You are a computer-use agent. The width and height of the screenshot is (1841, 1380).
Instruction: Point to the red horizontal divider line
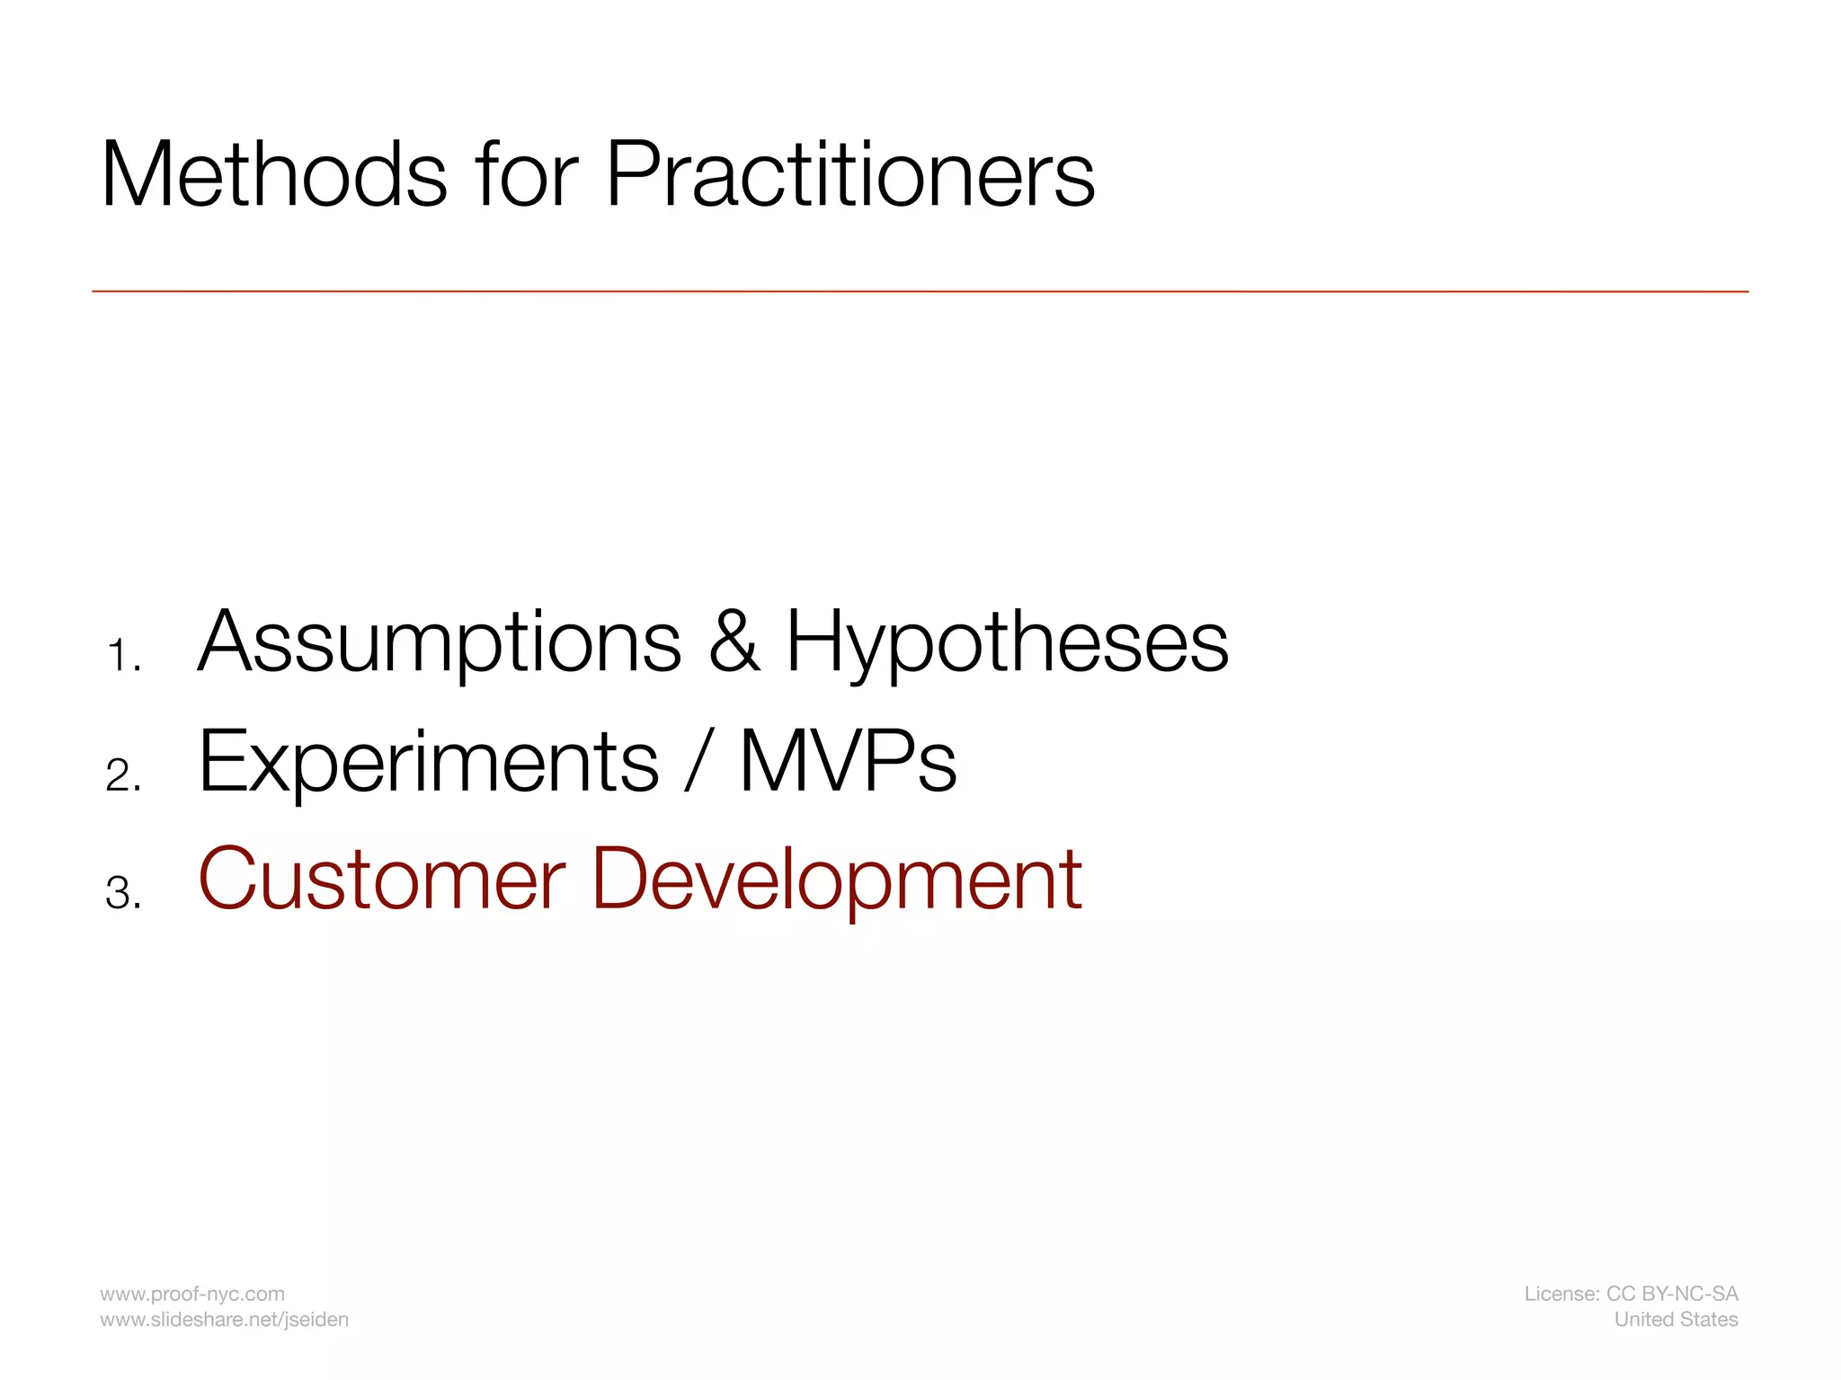[920, 291]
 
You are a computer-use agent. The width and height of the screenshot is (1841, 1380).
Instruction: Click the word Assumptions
[440, 643]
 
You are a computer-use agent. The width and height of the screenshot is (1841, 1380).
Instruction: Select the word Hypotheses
[1007, 643]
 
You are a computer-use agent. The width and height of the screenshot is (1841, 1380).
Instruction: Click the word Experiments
[429, 763]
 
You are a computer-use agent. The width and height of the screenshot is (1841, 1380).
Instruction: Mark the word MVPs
[848, 763]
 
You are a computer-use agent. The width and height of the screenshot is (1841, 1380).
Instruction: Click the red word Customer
[382, 880]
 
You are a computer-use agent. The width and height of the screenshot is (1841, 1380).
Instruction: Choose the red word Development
[837, 881]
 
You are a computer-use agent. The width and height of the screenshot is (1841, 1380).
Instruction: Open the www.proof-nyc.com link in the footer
[192, 1294]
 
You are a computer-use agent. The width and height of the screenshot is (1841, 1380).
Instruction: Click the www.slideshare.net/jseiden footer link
[224, 1319]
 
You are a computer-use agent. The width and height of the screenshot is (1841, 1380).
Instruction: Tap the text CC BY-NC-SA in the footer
[1672, 1294]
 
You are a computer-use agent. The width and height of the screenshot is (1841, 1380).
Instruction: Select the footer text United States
[1676, 1319]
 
